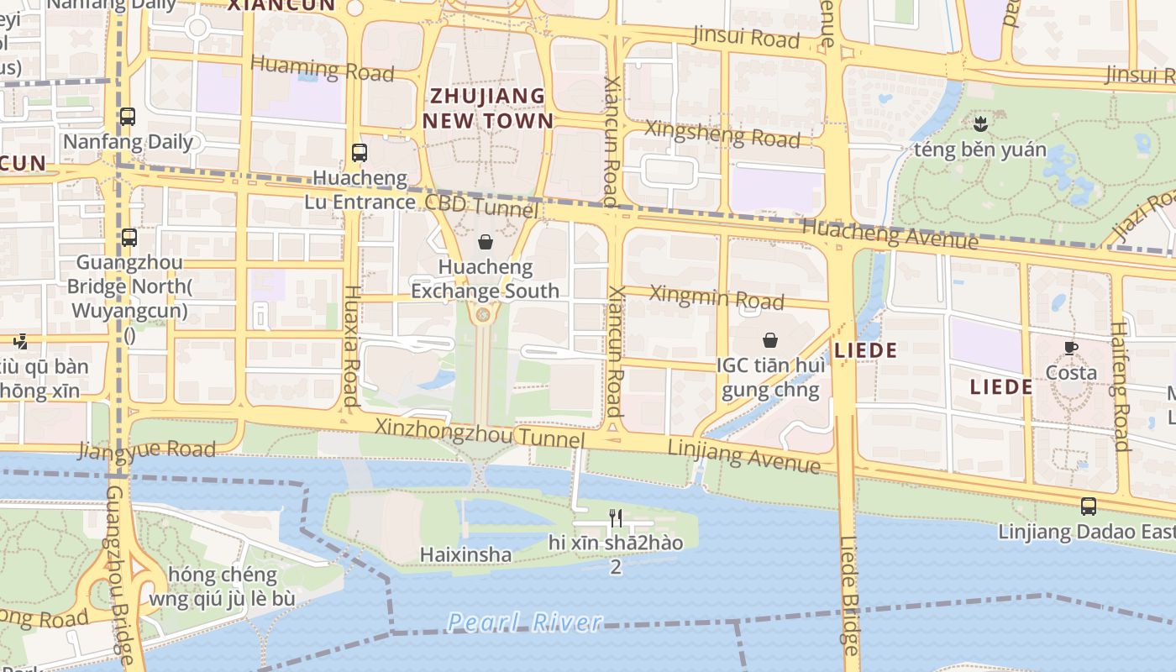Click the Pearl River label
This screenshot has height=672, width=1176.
[524, 622]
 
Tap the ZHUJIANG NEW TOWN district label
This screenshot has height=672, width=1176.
[487, 108]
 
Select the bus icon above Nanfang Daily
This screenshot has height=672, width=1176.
[128, 117]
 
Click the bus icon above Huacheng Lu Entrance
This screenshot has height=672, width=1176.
[360, 153]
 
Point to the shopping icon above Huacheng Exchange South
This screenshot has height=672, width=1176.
[486, 243]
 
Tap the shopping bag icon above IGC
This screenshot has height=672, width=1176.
[769, 340]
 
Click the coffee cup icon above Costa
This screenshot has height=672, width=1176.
[1071, 348]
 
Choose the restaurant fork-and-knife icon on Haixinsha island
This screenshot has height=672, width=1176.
[616, 517]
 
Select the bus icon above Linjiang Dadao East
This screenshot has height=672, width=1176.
[1089, 507]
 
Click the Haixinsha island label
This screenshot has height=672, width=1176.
[465, 554]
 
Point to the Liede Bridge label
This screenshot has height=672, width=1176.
[848, 596]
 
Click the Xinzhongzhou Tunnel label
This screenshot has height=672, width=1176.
[480, 433]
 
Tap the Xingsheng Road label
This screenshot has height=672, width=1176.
[722, 134]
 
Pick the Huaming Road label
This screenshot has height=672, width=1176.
[323, 69]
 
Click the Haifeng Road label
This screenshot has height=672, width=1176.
[1121, 386]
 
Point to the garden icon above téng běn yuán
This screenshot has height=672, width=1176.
[979, 125]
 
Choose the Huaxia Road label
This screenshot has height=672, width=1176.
[352, 345]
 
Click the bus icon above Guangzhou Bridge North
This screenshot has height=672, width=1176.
[129, 238]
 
